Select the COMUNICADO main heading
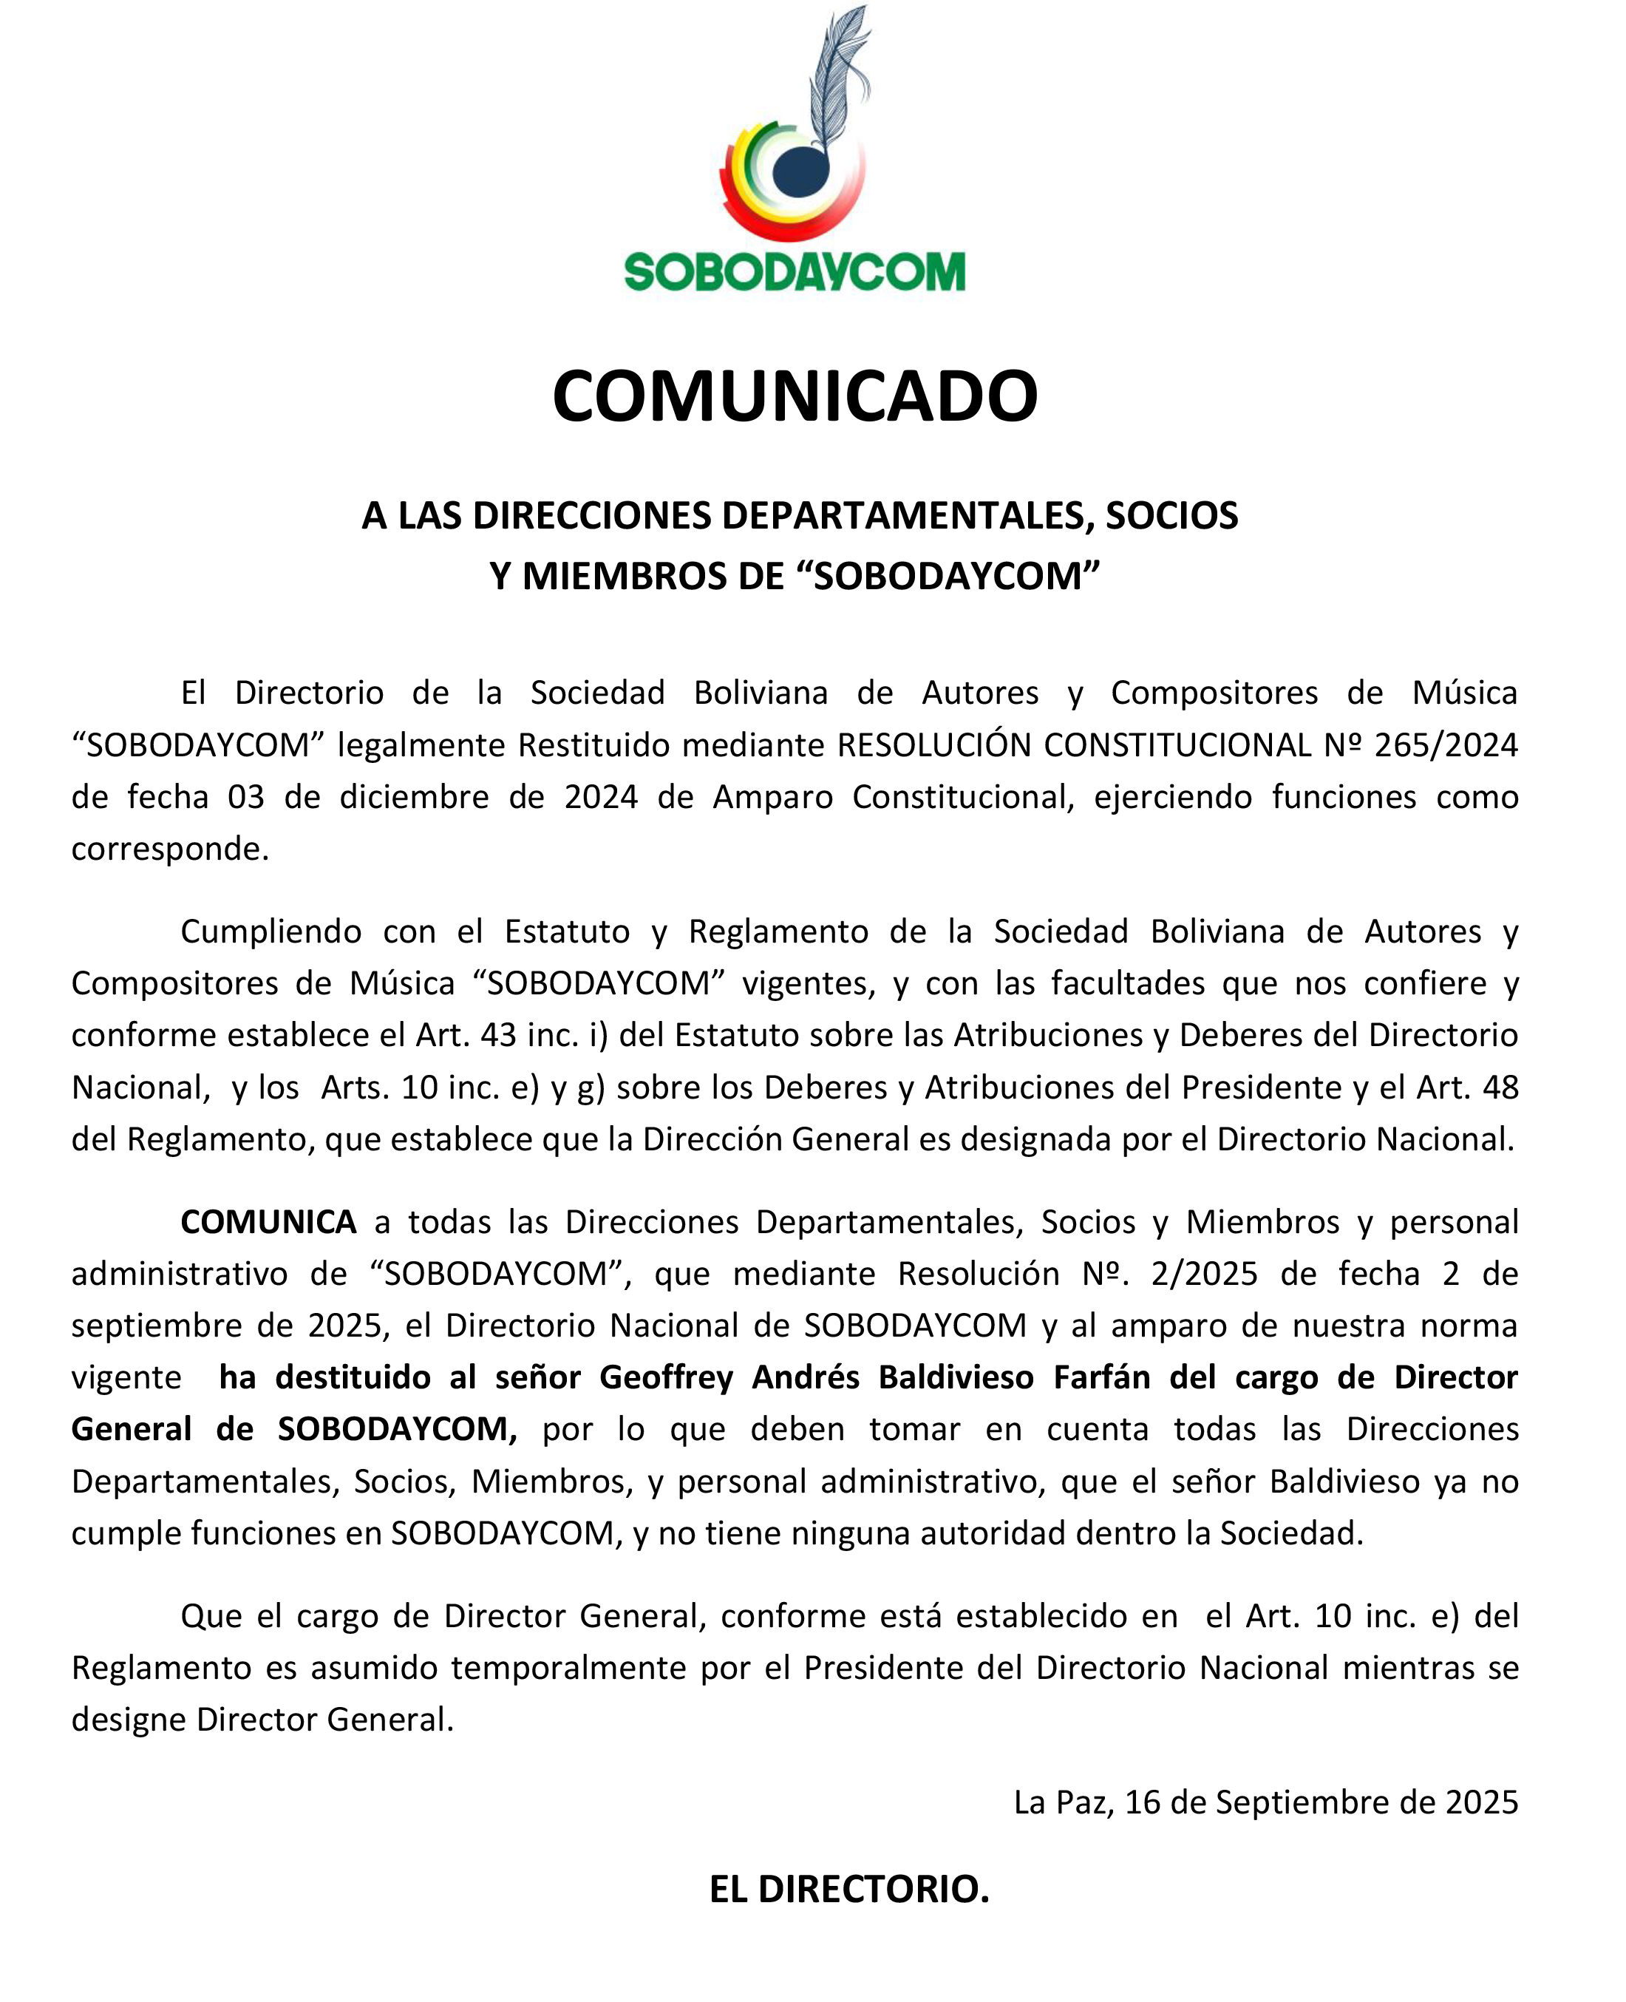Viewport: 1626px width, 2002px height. pos(795,396)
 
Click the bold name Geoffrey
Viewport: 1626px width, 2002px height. pos(666,1377)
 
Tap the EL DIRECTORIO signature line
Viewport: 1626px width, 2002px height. pos(848,1889)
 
